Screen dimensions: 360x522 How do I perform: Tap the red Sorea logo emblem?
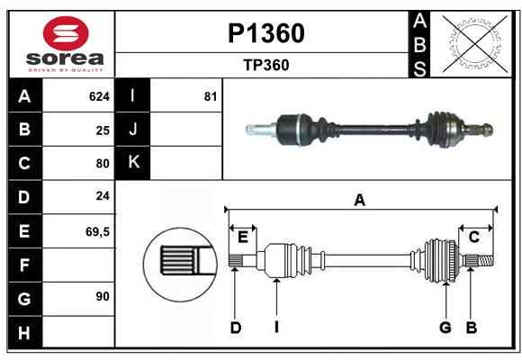click(65, 35)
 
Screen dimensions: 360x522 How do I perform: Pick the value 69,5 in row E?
click(97, 231)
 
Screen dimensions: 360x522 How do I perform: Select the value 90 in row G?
click(103, 296)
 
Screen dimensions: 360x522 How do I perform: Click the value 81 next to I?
click(211, 96)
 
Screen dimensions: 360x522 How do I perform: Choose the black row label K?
click(132, 163)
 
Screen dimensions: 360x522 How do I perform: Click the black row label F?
click(24, 265)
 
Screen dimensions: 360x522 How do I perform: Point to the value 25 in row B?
click(103, 130)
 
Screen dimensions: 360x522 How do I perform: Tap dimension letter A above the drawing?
click(360, 200)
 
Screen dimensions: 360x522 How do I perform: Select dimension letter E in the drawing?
click(242, 237)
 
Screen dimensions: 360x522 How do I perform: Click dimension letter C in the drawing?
click(473, 237)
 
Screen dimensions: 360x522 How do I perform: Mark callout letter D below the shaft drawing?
click(235, 328)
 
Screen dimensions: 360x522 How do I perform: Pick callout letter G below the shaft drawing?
click(445, 328)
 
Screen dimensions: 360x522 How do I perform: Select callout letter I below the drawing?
click(277, 328)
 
